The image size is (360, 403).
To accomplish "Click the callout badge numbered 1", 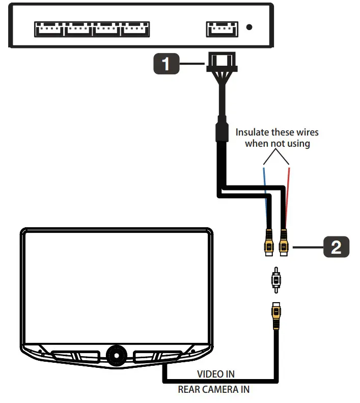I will pos(165,65).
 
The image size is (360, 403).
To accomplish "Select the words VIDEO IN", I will pos(215,374).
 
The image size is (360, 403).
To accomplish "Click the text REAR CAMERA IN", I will pos(213,390).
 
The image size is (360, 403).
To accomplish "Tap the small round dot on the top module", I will pos(249,27).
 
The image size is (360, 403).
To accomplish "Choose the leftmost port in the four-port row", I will pos(49,29).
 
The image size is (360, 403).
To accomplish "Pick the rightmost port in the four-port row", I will pos(135,29).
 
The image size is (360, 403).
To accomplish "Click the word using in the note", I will pos(298,143).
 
